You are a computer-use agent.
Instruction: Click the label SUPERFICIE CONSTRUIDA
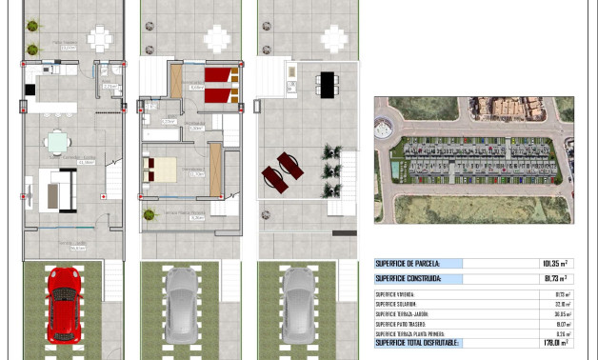click(x=410, y=279)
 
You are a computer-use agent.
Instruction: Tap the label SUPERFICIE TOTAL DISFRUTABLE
click(x=417, y=342)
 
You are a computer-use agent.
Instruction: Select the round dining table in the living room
click(x=59, y=141)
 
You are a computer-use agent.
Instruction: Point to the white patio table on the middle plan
click(x=217, y=39)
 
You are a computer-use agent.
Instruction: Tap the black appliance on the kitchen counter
click(x=30, y=90)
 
